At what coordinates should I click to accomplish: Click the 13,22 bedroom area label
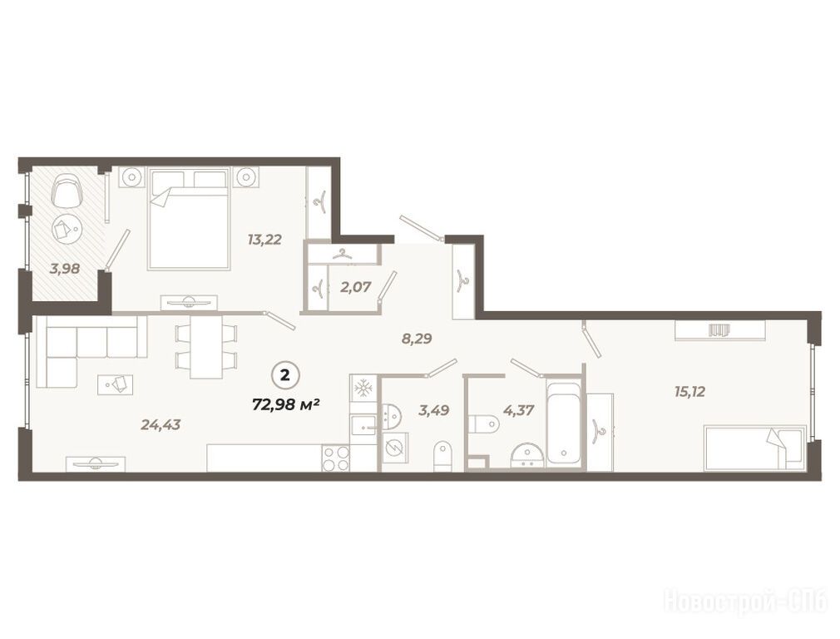[x=264, y=239]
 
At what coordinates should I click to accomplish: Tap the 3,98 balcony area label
[x=65, y=269]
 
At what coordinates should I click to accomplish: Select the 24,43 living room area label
[x=161, y=425]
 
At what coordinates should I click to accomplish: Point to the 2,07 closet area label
[x=355, y=287]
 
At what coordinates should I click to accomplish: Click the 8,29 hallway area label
[x=417, y=339]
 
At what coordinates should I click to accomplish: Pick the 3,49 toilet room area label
[x=433, y=411]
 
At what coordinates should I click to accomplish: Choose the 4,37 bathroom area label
[x=519, y=411]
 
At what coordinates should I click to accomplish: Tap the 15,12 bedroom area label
[x=689, y=392]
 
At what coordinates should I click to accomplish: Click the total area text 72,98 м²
[x=286, y=404]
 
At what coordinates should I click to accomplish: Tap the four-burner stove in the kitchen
[x=335, y=459]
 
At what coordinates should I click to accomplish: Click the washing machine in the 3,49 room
[x=396, y=446]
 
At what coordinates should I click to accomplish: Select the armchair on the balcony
[x=67, y=192]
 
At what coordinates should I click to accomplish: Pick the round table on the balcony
[x=66, y=230]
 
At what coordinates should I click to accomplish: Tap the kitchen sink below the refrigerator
[x=363, y=428]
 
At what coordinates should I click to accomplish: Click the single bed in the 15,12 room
[x=755, y=448]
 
